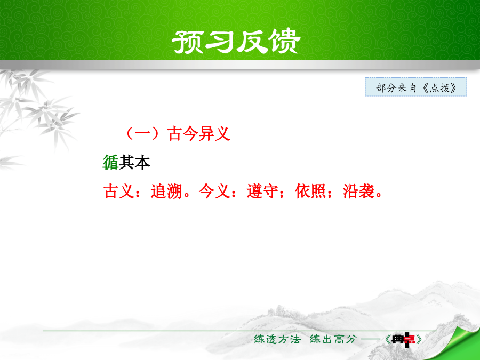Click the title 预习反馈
(x=236, y=41)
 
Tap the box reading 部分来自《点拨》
(x=415, y=87)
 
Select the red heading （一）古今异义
(x=178, y=133)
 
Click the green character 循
(x=110, y=162)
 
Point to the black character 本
(x=142, y=162)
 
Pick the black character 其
(x=126, y=162)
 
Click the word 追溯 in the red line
(x=166, y=191)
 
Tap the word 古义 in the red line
(x=119, y=191)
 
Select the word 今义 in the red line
(x=214, y=191)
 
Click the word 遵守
(x=262, y=191)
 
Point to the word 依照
(x=310, y=191)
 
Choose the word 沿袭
(x=358, y=191)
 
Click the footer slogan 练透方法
(x=277, y=339)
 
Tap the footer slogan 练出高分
(x=333, y=339)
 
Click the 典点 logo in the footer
(x=404, y=340)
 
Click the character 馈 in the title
(x=285, y=41)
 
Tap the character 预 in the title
(x=188, y=41)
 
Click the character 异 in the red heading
(x=206, y=133)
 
